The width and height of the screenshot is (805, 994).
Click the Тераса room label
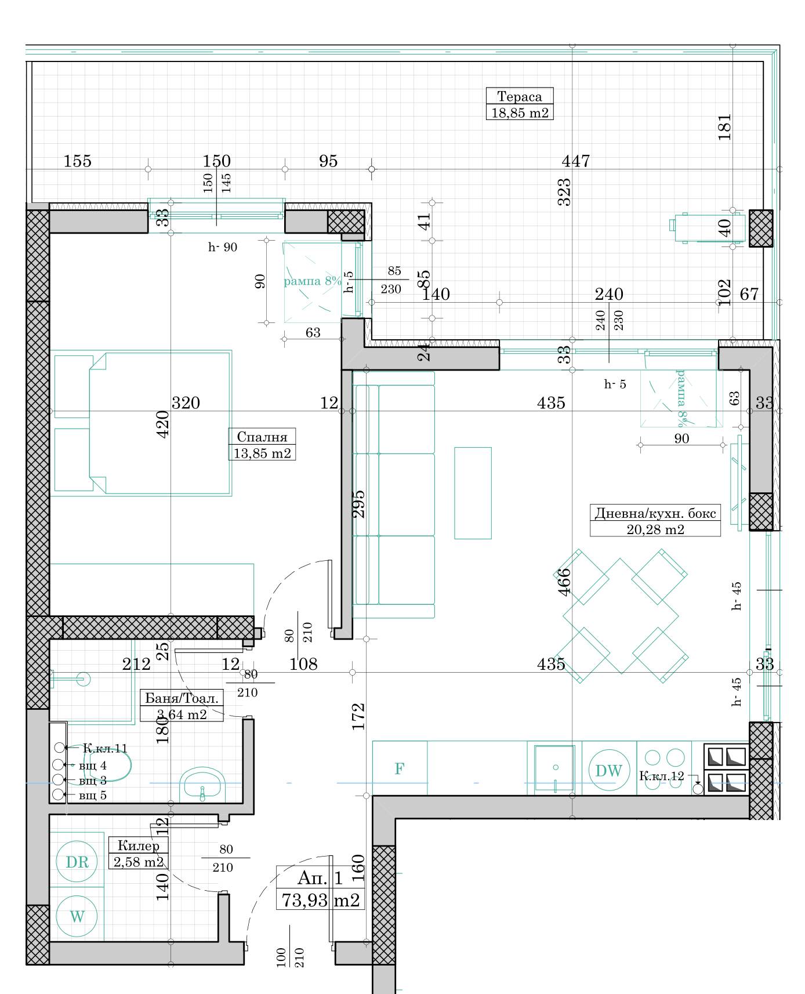click(x=519, y=97)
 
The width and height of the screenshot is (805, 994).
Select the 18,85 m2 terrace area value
click(x=520, y=113)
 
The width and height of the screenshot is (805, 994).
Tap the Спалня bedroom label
click(x=262, y=437)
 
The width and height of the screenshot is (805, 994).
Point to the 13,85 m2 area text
click(x=262, y=453)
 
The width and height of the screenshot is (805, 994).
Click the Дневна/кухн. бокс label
click(x=655, y=513)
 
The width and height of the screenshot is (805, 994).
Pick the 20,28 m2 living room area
click(x=655, y=529)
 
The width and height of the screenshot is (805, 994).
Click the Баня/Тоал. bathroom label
click(x=182, y=698)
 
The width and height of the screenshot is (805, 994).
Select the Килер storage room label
click(x=138, y=846)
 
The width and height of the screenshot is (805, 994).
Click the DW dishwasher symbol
click(x=609, y=771)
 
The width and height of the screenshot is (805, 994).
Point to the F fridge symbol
click(x=399, y=769)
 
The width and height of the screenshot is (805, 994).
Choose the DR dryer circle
click(x=77, y=862)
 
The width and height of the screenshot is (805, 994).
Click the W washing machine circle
click(x=77, y=916)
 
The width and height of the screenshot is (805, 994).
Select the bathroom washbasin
click(x=202, y=784)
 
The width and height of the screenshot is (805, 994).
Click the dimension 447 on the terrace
click(x=576, y=161)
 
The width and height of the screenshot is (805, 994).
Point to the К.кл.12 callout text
click(x=662, y=775)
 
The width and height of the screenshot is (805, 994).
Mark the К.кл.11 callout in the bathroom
click(x=105, y=748)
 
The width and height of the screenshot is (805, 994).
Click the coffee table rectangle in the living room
click(x=473, y=493)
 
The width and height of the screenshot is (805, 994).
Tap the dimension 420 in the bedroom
click(x=163, y=424)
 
